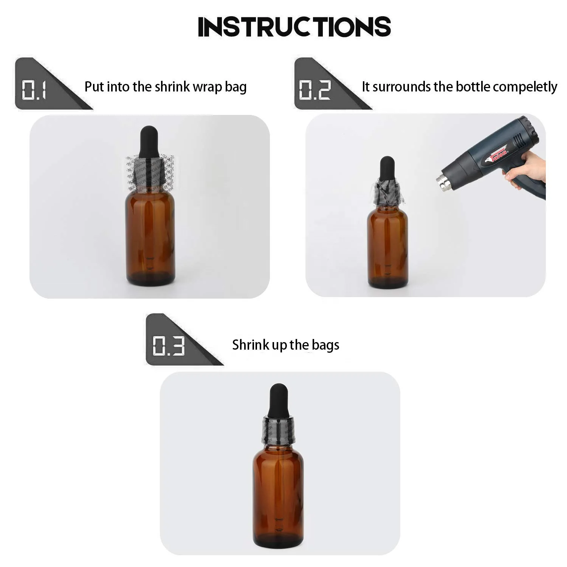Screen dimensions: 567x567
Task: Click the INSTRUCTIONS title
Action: [294, 26]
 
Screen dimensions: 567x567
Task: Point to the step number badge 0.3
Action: [169, 345]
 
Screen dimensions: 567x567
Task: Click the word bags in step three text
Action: [325, 345]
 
